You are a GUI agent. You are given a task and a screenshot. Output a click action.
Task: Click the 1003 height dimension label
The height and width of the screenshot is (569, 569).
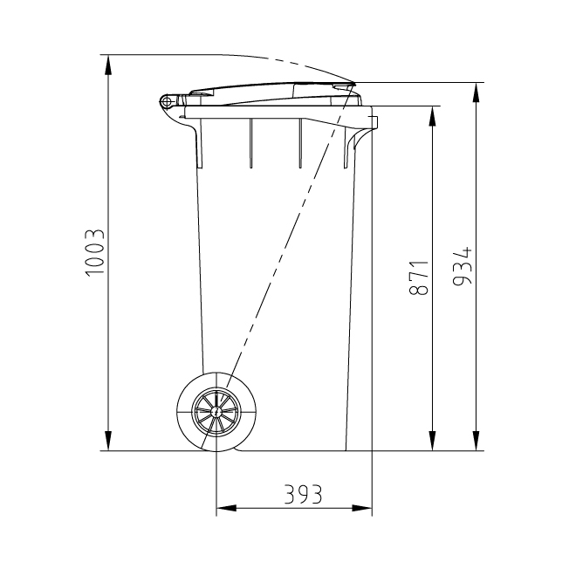click(x=95, y=253)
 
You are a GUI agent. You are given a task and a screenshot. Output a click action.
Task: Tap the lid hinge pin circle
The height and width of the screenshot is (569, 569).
click(x=166, y=102)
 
